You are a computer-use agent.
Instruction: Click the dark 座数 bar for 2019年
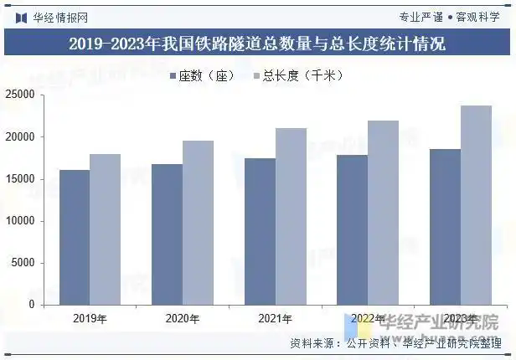(x=75, y=238)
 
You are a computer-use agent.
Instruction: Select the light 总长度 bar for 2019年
(x=106, y=229)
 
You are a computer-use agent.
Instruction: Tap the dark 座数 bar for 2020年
(x=167, y=234)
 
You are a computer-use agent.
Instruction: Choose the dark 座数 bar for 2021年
(x=260, y=232)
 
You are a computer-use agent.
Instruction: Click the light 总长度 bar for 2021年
(x=291, y=217)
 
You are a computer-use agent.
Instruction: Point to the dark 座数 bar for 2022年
(x=353, y=230)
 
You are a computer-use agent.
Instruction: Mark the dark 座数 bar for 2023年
(x=445, y=227)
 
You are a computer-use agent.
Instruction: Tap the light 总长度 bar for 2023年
(x=477, y=205)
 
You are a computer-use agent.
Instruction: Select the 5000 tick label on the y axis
(x=45, y=263)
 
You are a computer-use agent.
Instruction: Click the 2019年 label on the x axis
(x=90, y=318)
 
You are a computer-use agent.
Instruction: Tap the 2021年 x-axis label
(x=275, y=318)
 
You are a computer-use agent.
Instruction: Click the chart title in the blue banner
(x=257, y=44)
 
